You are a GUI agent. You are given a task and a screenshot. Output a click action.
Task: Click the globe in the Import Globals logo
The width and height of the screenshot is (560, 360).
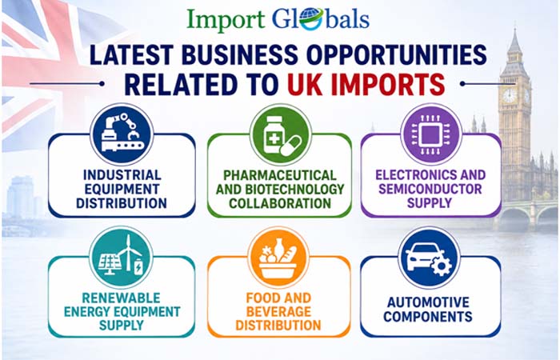pyautogui.click(x=310, y=18)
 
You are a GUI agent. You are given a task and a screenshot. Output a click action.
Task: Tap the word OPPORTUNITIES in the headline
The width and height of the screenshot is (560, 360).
pyautogui.click(x=397, y=55)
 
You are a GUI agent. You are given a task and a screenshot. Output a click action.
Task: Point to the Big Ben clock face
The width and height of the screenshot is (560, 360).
pyautogui.click(x=510, y=95)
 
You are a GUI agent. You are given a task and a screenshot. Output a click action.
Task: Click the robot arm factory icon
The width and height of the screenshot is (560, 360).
pyautogui.click(x=122, y=134)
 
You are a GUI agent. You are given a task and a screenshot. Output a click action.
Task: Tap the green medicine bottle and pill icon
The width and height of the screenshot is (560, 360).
pyautogui.click(x=280, y=135)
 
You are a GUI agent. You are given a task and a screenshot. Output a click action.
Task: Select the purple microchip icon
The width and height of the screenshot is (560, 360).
pyautogui.click(x=431, y=134)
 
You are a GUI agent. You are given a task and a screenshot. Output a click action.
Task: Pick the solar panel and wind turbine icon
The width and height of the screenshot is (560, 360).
pyautogui.click(x=121, y=257)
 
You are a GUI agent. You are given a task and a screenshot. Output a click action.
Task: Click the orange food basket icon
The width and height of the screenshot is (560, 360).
pyautogui.click(x=278, y=257)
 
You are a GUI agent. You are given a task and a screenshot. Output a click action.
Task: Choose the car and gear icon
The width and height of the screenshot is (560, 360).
pyautogui.click(x=429, y=257)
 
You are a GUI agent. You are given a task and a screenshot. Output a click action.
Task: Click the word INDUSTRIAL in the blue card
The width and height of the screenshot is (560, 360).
pyautogui.click(x=122, y=175)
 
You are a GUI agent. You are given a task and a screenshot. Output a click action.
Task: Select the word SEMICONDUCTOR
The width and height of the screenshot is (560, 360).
pyautogui.click(x=430, y=189)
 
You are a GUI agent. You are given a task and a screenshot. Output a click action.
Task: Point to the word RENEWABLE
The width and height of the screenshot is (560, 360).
pyautogui.click(x=121, y=298)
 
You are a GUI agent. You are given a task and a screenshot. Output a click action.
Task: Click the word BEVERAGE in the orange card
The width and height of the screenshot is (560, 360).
pyautogui.click(x=278, y=311)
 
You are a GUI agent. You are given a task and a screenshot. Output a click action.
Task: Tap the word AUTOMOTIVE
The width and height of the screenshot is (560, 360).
pyautogui.click(x=428, y=302)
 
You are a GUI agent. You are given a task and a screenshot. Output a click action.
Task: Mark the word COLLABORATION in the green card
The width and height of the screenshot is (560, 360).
pyautogui.click(x=280, y=203)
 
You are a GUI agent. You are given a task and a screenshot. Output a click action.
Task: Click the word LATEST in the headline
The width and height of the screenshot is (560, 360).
pyautogui.click(x=132, y=55)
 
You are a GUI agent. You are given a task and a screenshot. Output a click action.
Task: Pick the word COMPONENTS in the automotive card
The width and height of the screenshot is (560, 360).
pyautogui.click(x=428, y=317)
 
